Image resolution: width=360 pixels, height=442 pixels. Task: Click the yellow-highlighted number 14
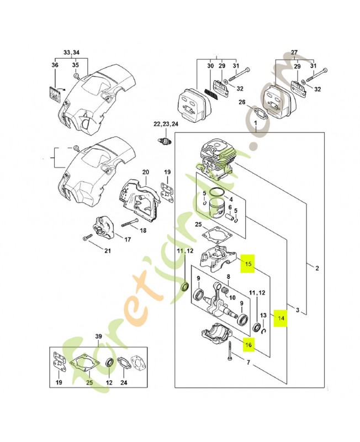click(x=282, y=318)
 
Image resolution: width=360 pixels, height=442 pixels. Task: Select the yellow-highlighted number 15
click(x=248, y=264)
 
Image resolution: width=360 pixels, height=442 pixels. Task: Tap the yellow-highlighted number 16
click(x=248, y=344)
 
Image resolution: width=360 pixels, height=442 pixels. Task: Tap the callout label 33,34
click(x=71, y=52)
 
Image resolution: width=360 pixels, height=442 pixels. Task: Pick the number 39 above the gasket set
click(x=99, y=336)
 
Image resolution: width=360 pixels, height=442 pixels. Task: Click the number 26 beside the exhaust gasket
click(x=242, y=102)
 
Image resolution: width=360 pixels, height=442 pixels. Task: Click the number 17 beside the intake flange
click(x=128, y=239)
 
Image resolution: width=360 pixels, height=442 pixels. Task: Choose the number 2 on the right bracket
click(x=317, y=269)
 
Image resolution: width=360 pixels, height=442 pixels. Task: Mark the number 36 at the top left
click(x=55, y=65)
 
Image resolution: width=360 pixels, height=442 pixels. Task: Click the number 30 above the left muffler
click(x=210, y=67)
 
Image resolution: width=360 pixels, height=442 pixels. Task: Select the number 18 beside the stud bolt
click(x=143, y=230)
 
